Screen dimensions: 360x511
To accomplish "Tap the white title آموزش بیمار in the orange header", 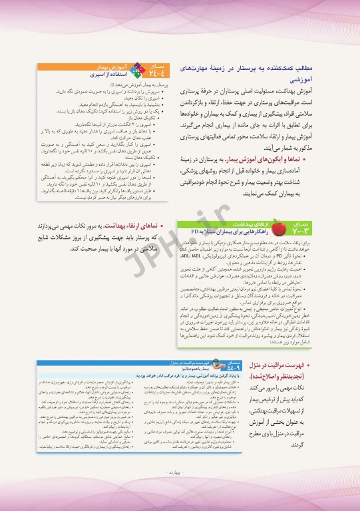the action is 107,67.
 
